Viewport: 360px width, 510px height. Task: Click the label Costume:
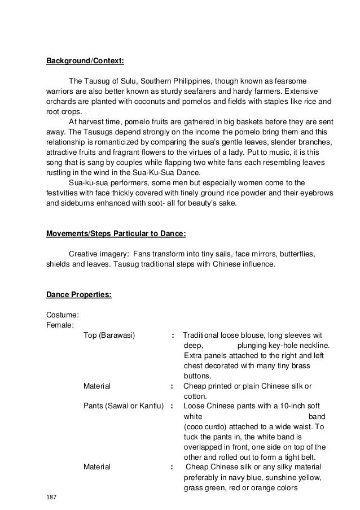tap(62, 315)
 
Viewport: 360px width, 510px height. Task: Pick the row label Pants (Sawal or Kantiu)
tap(123, 406)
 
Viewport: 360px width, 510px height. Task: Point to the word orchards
tap(61, 102)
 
